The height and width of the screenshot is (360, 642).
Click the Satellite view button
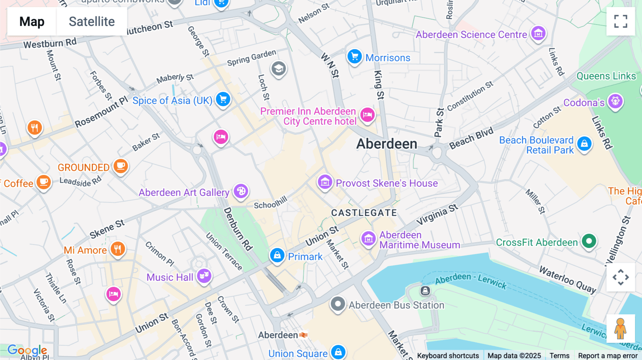92,21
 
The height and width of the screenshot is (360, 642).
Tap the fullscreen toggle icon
621,21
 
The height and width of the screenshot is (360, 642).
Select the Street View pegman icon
621,329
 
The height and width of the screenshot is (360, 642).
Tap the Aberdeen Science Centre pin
538,34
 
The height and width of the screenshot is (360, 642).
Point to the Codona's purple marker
616,102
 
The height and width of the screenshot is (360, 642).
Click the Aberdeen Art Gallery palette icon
241,191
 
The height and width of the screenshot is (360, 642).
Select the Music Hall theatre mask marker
204,276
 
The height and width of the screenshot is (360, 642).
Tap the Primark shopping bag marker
277,256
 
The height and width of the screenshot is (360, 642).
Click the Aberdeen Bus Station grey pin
337,304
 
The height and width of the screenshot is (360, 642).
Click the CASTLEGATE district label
364,213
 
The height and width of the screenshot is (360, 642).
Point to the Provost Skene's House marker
325,182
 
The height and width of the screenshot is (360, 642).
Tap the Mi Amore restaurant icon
118,249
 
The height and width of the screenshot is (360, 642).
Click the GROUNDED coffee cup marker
121,166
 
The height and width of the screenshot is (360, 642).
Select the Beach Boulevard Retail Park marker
584,144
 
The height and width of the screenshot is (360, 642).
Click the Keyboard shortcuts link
448,355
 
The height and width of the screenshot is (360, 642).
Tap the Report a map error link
608,355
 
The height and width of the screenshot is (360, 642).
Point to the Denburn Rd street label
238,229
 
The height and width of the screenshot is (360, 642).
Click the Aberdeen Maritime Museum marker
368,239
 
